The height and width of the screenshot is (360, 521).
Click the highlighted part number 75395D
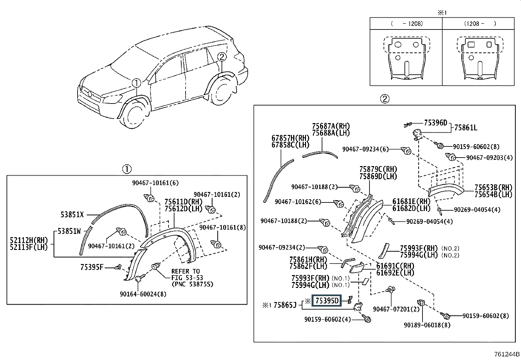[x=327, y=301]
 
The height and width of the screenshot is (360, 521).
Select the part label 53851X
[x=72, y=215]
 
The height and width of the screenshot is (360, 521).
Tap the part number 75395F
[x=92, y=267]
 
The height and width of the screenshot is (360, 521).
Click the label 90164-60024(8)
[x=143, y=294]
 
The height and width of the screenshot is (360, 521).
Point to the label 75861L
[x=466, y=128]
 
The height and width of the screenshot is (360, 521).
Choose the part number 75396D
[x=436, y=123]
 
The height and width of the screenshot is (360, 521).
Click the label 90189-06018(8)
[x=427, y=325]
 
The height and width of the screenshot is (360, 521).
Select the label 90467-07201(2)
[x=396, y=309]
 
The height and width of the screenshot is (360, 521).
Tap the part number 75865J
[x=285, y=305]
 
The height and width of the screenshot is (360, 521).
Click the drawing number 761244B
[x=507, y=354]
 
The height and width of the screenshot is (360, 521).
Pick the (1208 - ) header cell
[x=478, y=24]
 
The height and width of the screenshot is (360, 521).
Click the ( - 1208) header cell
[x=406, y=24]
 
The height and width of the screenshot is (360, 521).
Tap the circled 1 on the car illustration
[x=136, y=83]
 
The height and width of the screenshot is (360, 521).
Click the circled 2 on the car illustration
[x=222, y=57]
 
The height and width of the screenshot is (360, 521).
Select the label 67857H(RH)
[x=291, y=138]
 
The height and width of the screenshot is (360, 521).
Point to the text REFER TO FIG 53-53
[x=187, y=275]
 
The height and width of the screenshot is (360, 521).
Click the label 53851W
[x=69, y=231]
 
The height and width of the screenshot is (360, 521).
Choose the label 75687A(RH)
[x=331, y=126]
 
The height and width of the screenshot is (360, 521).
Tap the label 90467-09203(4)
[x=489, y=158]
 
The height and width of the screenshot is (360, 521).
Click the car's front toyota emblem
[x=90, y=94]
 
